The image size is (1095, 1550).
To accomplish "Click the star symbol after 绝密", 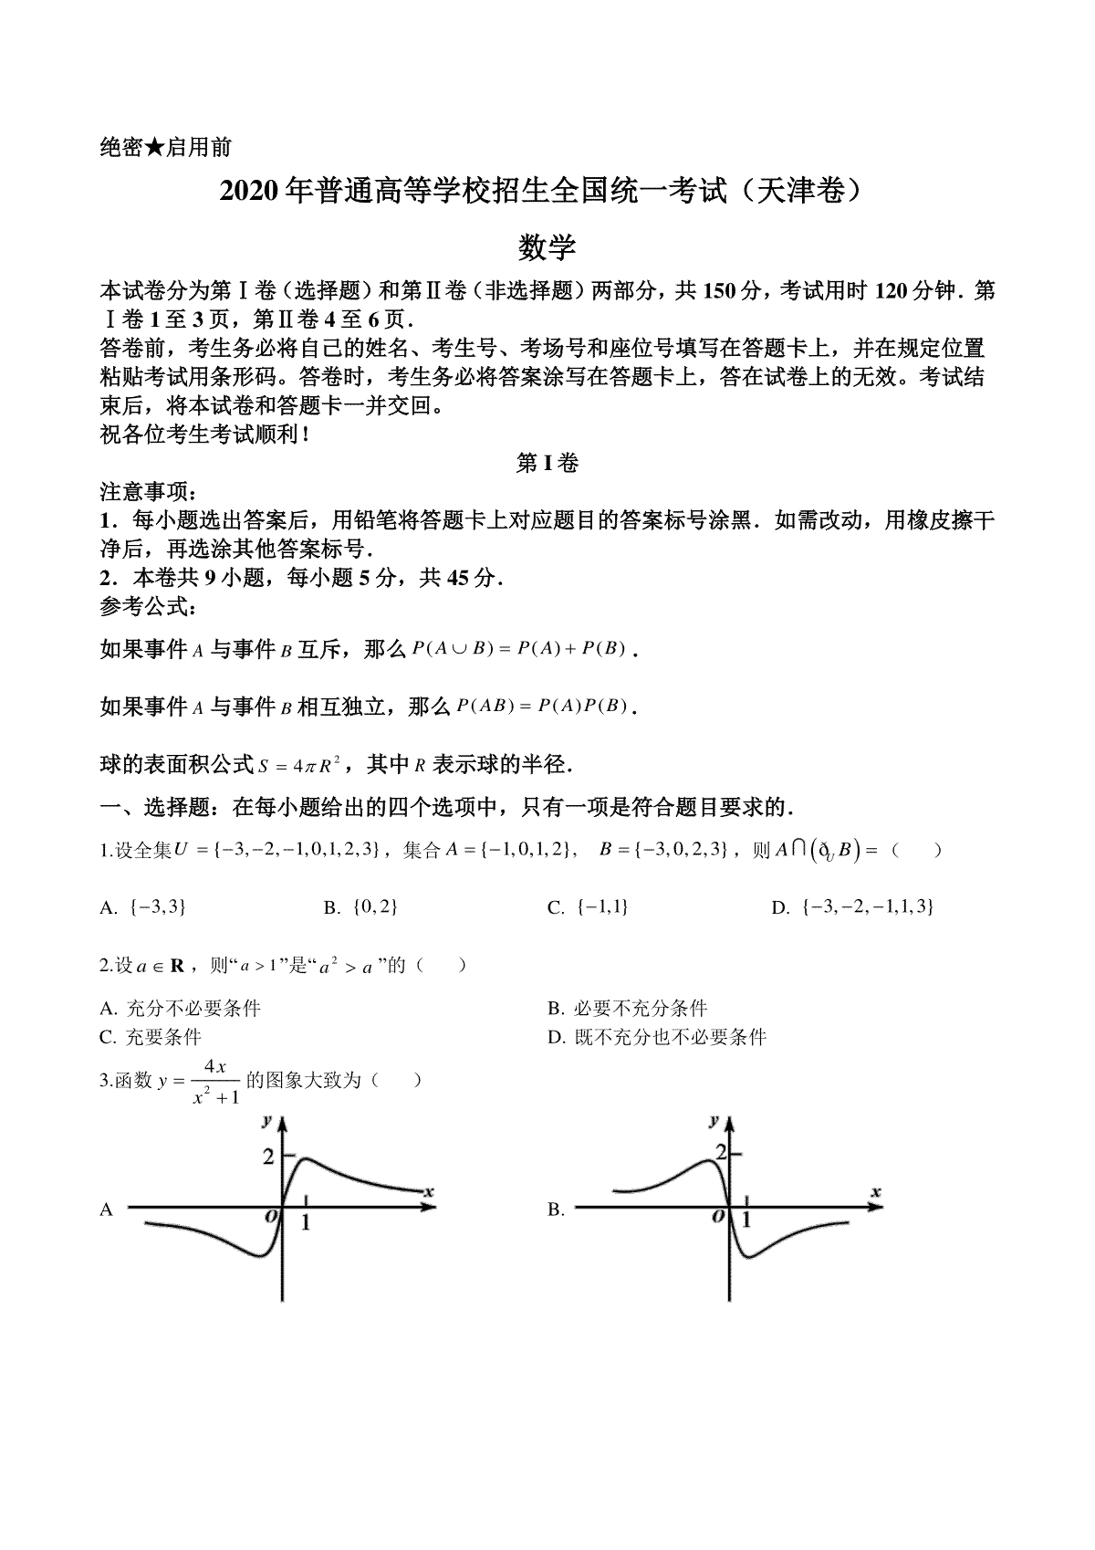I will click(153, 148).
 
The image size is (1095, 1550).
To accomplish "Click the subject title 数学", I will click(547, 246).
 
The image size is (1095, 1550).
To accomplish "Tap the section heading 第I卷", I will click(547, 464).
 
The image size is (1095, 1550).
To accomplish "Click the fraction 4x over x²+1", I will click(215, 1082).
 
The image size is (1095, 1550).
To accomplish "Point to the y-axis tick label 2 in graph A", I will click(268, 1157).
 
